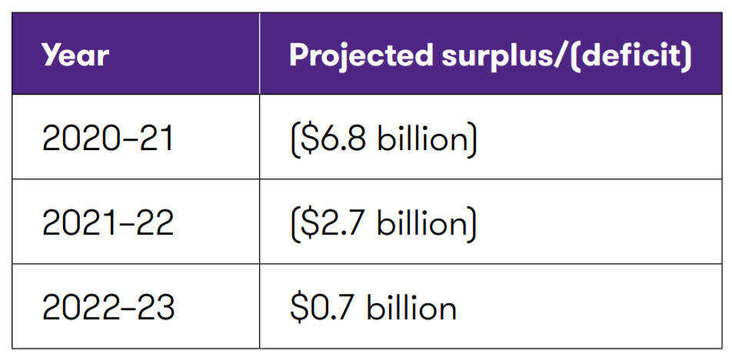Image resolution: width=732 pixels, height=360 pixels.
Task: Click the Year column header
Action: click(x=75, y=55)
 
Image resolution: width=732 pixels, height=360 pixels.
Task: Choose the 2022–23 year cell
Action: click(x=108, y=308)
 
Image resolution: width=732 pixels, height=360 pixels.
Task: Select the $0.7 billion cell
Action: click(x=373, y=308)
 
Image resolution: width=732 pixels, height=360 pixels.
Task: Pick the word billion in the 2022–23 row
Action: click(x=411, y=308)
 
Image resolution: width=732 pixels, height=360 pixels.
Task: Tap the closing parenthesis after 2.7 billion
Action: click(x=471, y=224)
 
